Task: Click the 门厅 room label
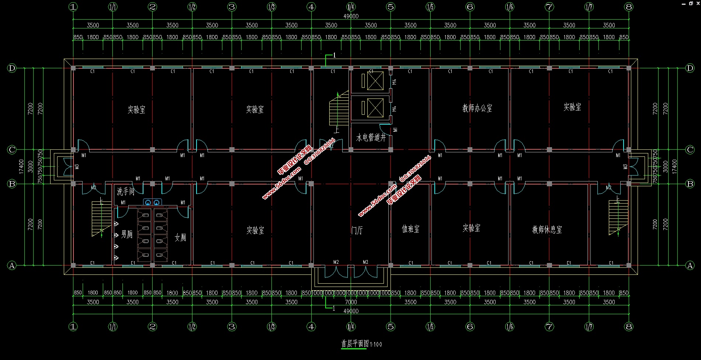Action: click(x=357, y=231)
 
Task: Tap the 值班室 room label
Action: click(x=410, y=229)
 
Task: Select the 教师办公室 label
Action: click(x=477, y=108)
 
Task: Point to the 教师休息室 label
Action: click(x=547, y=229)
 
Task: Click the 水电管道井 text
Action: click(x=371, y=138)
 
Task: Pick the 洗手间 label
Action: click(x=125, y=191)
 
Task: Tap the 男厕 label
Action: click(x=126, y=234)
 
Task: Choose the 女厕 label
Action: click(x=180, y=238)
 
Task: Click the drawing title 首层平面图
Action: click(x=355, y=344)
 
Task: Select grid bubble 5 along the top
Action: click(x=391, y=7)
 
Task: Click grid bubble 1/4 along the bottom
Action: click(x=351, y=326)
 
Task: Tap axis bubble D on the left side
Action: click(x=12, y=68)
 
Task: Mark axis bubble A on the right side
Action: click(x=690, y=265)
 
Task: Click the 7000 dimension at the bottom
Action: click(x=351, y=302)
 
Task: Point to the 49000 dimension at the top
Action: click(x=351, y=16)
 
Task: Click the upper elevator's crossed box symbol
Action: click(x=375, y=80)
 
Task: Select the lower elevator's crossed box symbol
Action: click(x=375, y=108)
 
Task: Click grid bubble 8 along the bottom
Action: click(x=629, y=326)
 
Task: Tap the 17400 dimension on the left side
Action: click(x=21, y=167)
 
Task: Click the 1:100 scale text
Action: click(x=376, y=345)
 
